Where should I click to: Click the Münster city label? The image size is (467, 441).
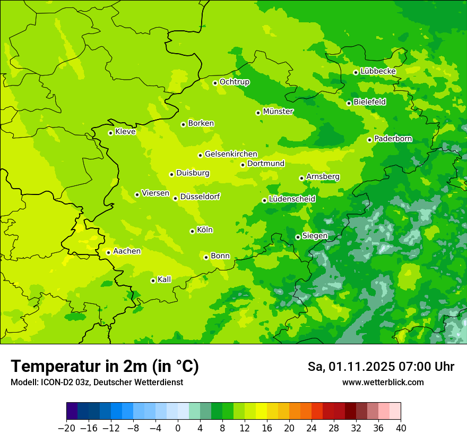click(278, 112)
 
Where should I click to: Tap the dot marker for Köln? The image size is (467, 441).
click(192, 231)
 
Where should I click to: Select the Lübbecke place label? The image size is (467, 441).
click(378, 71)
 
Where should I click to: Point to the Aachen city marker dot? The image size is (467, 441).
click(108, 252)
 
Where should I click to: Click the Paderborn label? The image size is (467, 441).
click(393, 139)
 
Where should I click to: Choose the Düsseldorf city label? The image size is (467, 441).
click(200, 197)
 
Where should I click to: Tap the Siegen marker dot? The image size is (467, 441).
click(298, 237)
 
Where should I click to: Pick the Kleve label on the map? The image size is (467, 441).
click(125, 132)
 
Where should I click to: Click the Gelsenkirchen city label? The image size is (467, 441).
click(231, 154)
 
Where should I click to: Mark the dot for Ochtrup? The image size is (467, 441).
click(215, 83)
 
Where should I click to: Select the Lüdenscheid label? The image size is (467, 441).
click(292, 199)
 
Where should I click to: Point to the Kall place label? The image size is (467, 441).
click(164, 279)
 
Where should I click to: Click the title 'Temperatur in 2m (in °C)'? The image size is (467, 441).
click(105, 366)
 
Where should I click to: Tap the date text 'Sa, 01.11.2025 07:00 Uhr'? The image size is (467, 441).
click(380, 367)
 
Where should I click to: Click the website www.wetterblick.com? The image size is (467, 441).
click(383, 383)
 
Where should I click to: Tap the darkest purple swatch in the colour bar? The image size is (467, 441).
click(72, 411)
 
